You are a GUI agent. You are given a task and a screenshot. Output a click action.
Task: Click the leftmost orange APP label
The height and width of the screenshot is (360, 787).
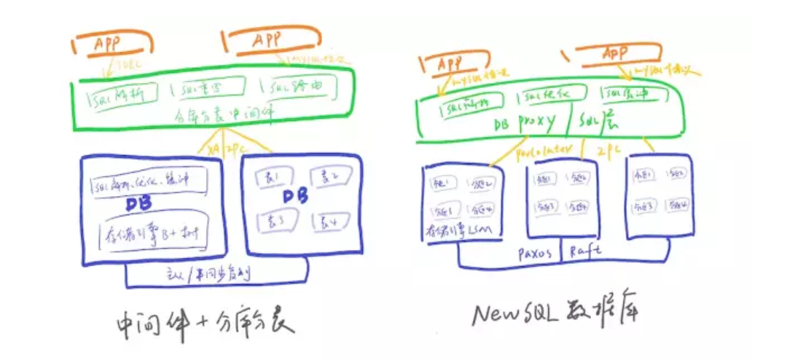(109, 44)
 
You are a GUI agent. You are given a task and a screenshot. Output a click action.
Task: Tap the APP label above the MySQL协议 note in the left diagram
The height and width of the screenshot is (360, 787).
(267, 40)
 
